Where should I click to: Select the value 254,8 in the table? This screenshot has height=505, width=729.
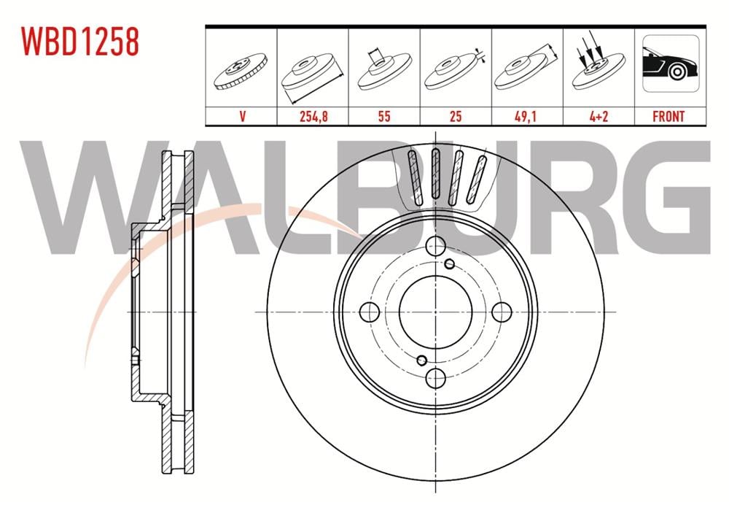[313, 116]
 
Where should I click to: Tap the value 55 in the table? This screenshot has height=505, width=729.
[384, 116]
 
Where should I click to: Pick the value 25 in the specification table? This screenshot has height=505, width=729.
[456, 116]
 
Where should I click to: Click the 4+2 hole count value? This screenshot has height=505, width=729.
[598, 116]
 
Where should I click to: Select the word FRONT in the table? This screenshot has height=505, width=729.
[668, 116]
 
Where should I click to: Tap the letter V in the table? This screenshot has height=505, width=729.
[241, 116]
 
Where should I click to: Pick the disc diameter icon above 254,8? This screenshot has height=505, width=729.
[312, 74]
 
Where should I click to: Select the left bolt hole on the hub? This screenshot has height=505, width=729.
[370, 312]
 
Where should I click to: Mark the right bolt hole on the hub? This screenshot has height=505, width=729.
[501, 312]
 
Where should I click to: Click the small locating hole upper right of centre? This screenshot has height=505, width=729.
[450, 264]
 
